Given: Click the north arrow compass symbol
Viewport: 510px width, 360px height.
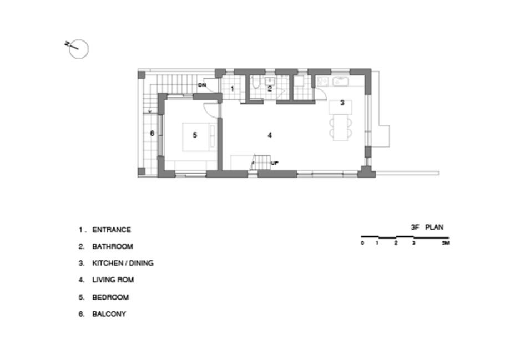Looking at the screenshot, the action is [78, 49].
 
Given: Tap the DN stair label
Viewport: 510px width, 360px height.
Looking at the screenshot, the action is [202, 85].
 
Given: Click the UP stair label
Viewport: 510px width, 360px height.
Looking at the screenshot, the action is [275, 163].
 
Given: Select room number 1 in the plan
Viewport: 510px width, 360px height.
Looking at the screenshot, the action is [232, 88].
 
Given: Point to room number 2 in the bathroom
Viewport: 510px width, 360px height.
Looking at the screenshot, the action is [270, 88].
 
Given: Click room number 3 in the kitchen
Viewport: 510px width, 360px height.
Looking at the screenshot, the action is [342, 103].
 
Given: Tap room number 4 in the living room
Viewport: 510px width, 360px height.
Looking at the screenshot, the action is [270, 135].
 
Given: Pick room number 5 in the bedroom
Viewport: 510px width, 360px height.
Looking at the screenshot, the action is [195, 135].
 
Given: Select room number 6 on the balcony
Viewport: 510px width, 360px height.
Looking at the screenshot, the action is [152, 133].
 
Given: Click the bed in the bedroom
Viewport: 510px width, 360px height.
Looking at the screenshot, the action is [199, 137].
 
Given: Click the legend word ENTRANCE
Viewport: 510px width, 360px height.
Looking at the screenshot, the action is [112, 230].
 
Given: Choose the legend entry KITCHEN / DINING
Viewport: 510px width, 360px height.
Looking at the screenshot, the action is [123, 263].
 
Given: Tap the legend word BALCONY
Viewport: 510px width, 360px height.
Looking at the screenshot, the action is [109, 314].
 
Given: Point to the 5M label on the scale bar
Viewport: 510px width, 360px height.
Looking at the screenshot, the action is [446, 243].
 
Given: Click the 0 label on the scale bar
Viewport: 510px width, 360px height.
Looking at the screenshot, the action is [362, 243].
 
